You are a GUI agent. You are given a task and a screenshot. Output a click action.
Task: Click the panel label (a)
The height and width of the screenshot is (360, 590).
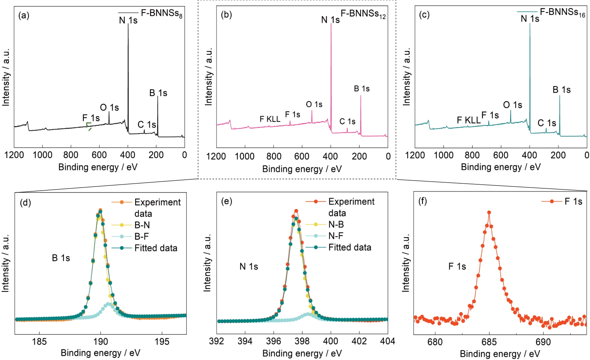pyautogui.click(x=24, y=15)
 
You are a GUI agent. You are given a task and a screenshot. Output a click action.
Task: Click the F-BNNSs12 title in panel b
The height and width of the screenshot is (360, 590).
pyautogui.click(x=363, y=14)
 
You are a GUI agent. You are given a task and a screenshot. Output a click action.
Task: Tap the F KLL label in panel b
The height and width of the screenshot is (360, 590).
pyautogui.click(x=270, y=119)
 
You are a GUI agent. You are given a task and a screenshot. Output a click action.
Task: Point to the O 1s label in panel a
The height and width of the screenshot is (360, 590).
pyautogui.click(x=109, y=107)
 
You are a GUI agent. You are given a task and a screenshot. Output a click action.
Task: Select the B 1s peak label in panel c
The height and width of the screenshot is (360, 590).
pyautogui.click(x=561, y=90)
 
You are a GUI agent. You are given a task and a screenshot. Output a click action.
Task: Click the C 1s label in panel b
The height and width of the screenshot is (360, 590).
pyautogui.click(x=347, y=121)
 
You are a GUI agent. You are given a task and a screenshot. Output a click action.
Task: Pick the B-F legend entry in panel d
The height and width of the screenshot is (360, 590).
pyautogui.click(x=142, y=236)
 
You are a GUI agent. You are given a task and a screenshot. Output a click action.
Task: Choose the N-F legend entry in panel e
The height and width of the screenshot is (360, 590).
pyautogui.click(x=336, y=236)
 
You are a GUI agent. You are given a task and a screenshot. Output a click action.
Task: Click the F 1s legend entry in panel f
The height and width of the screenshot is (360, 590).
pyautogui.click(x=573, y=201)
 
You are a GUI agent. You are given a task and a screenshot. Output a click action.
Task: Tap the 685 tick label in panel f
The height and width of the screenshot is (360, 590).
pyautogui.click(x=489, y=342)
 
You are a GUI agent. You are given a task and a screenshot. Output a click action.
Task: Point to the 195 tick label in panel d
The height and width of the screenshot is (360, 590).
pyautogui.click(x=162, y=342)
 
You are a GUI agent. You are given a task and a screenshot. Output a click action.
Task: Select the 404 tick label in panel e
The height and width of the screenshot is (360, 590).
pyautogui.click(x=388, y=341)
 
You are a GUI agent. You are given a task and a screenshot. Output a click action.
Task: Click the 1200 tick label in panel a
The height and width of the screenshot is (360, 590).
pyautogui.click(x=14, y=155)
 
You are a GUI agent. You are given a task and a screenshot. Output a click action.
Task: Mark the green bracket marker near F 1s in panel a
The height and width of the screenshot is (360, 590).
pyautogui.click(x=89, y=125)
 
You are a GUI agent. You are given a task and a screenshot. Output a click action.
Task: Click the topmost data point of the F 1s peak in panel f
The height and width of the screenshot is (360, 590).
pyautogui.click(x=489, y=212)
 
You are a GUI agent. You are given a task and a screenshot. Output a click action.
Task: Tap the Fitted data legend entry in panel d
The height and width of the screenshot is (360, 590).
pyautogui.click(x=155, y=248)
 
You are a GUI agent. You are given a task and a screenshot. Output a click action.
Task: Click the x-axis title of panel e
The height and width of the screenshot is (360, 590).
pyautogui.click(x=302, y=353)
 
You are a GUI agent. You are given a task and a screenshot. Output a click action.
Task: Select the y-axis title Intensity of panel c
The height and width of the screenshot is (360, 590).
pyautogui.click(x=407, y=77)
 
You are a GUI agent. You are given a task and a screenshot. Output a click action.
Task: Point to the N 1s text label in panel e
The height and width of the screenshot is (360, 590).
pyautogui.click(x=249, y=267)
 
